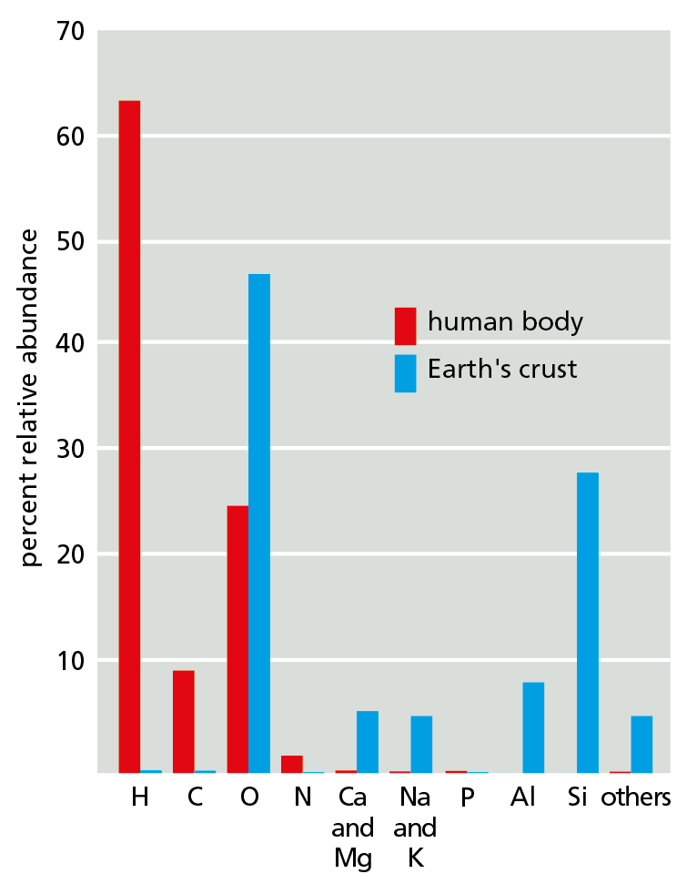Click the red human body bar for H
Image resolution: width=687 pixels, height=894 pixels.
[x=129, y=436]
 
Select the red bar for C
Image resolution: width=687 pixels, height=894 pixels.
[x=183, y=721]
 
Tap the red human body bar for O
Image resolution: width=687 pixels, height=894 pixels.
[x=237, y=638]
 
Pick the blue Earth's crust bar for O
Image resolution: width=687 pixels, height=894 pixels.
[x=259, y=523]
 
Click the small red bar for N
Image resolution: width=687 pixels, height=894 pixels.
[x=291, y=764]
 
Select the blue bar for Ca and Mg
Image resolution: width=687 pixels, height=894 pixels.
[x=367, y=741]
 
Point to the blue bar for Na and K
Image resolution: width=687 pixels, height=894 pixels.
[x=421, y=744]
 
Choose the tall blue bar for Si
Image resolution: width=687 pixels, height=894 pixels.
[x=587, y=622]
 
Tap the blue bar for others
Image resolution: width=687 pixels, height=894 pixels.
[x=642, y=744]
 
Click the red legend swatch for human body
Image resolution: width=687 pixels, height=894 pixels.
[x=405, y=326]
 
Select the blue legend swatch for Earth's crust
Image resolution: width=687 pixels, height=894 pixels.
[x=405, y=373]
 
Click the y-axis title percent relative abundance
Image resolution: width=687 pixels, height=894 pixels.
[x=30, y=397]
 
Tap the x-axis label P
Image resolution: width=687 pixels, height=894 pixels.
[x=467, y=798]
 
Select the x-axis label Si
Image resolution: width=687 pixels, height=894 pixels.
[x=577, y=798]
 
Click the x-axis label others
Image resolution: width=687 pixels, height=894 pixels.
[x=636, y=798]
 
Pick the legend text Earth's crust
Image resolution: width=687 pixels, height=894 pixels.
[x=502, y=370]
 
